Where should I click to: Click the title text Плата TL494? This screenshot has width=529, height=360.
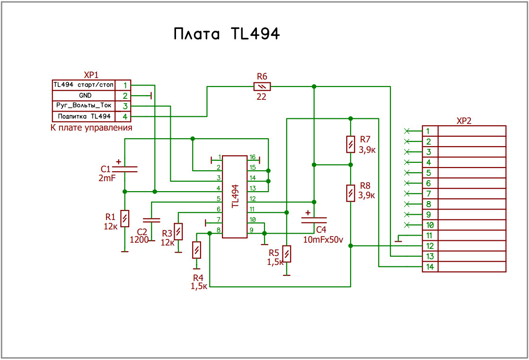pos(226,34)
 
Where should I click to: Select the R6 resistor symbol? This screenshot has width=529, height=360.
pos(262,87)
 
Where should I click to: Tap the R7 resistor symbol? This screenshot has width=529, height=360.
pos(351,144)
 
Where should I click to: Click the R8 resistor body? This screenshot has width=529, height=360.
pos(351,193)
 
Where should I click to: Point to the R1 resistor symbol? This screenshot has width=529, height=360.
pos(125,219)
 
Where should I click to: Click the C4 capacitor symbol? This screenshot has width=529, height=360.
pos(314,220)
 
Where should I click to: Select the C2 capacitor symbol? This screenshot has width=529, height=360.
pos(151,220)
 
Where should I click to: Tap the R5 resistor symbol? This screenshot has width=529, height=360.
pos(286,254)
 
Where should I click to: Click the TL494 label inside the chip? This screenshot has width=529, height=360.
pos(236,196)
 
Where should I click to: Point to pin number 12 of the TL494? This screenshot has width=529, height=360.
pos(252,199)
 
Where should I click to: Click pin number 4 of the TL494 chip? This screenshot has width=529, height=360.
pos(218,188)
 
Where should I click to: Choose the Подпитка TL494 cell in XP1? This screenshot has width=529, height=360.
pos(84,116)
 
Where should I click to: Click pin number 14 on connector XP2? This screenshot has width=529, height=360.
pos(430,266)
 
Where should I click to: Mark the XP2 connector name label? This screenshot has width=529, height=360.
pos(464,121)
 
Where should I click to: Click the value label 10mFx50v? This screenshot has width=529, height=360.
pos(323,240)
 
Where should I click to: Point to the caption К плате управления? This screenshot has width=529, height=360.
pos(91,128)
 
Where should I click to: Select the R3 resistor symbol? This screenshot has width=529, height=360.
pos(178,231)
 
